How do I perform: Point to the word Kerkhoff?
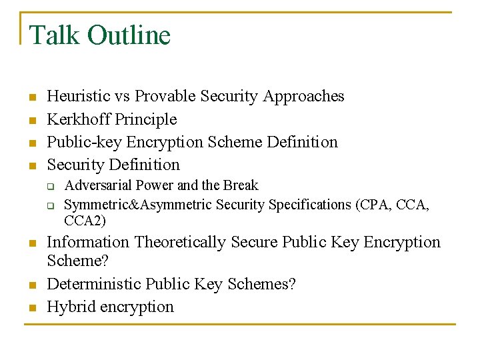tap(79, 119)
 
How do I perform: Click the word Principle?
tap(146, 119)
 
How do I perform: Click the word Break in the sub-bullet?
tap(240, 185)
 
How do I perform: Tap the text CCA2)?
tap(85, 220)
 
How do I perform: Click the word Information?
tap(88, 242)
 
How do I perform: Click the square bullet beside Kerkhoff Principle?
tap(31, 121)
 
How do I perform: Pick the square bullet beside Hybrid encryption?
tap(31, 308)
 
